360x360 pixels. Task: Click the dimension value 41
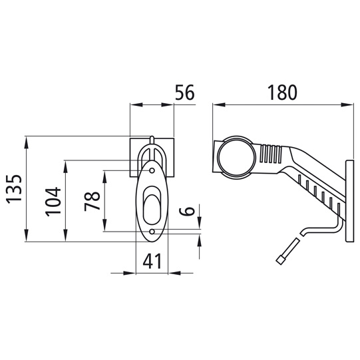152,262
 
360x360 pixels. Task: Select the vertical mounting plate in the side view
348,200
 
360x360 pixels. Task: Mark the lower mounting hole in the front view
152,232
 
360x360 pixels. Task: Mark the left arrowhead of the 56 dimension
133,104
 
